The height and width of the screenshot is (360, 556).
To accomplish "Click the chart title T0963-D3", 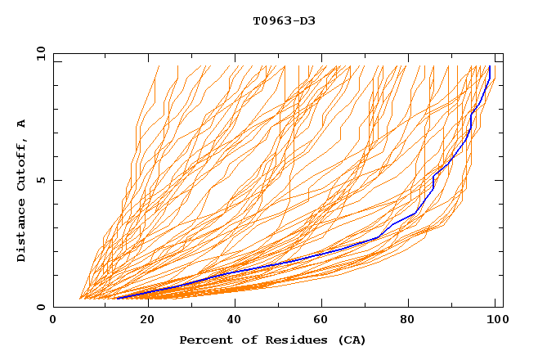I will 284,20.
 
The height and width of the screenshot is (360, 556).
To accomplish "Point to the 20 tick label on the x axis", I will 146,320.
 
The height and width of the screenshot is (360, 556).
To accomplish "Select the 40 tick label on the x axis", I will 235,320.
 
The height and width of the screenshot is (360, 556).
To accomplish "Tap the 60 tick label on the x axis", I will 323,320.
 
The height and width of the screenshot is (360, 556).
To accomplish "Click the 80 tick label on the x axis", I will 411,320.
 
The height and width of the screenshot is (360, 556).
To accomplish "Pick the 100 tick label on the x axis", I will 496,320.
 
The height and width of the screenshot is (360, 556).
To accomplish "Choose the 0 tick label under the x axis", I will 54,320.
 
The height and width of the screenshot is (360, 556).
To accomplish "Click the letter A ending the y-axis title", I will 21,123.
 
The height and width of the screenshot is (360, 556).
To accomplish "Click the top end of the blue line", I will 489,66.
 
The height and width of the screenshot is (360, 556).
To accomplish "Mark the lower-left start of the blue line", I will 117,299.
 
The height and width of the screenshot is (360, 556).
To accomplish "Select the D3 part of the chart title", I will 307,20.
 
